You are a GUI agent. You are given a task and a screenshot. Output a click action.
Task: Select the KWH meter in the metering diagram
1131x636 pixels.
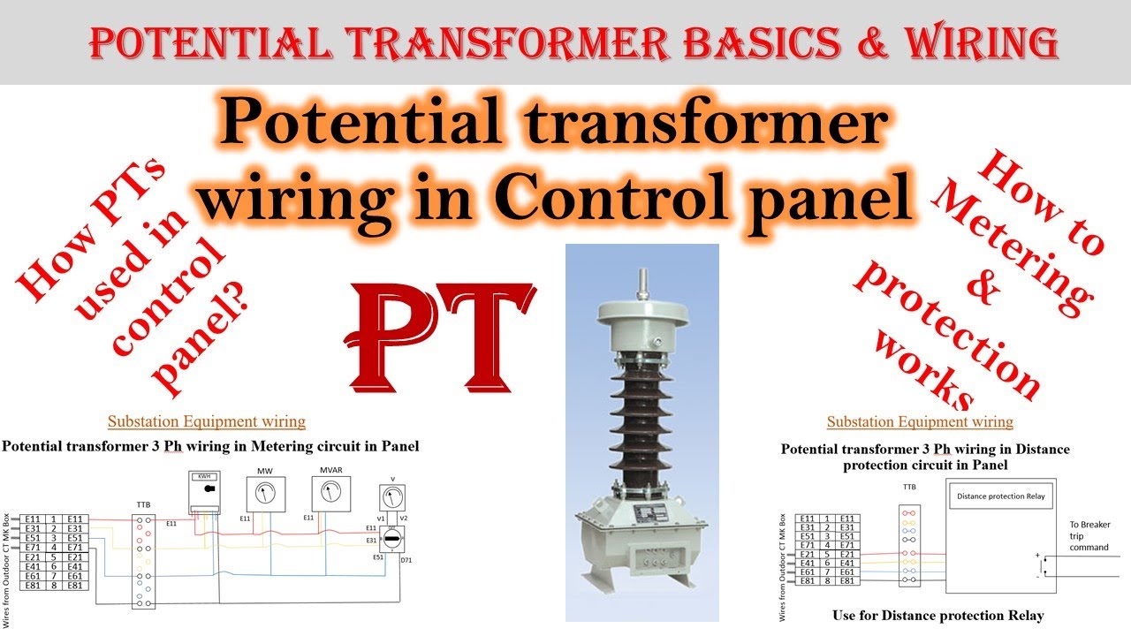pos(209,491)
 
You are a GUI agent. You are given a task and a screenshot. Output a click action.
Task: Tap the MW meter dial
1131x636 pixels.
pos(264,493)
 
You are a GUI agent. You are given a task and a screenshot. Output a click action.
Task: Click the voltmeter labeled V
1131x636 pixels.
pos(392,497)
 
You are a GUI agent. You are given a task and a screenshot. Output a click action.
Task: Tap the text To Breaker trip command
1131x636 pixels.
pos(1089,535)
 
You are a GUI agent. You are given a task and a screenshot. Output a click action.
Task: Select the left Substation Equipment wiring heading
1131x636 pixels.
pos(207,421)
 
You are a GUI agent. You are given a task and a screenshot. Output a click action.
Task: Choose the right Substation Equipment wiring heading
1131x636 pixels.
pos(920,421)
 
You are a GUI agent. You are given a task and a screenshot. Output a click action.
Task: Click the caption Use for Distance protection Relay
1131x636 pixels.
pos(937,615)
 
